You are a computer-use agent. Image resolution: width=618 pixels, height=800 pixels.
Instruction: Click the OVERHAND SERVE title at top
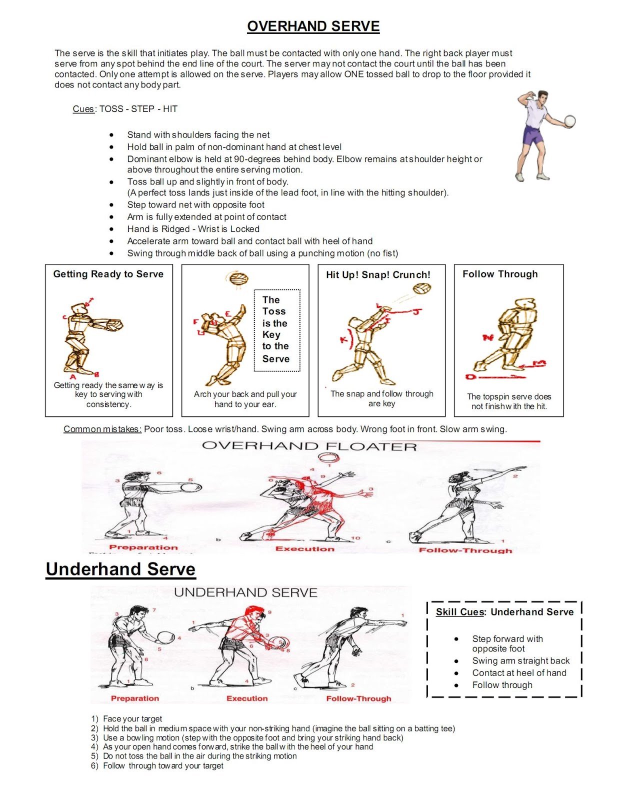[313, 26]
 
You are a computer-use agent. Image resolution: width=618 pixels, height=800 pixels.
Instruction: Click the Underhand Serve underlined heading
[120, 569]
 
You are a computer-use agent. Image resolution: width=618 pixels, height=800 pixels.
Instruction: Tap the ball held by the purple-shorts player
[569, 121]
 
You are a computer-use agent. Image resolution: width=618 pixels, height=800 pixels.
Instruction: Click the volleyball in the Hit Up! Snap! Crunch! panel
[422, 289]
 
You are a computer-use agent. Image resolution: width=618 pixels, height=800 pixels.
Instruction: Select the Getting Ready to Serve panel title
[108, 274]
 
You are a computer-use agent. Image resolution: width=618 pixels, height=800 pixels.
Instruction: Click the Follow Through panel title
[500, 274]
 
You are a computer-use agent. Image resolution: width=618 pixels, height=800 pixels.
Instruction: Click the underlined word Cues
[83, 109]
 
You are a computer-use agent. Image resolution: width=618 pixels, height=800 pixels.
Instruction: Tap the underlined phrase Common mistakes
[102, 429]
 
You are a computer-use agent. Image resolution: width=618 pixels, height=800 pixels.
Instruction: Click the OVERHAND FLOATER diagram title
[309, 446]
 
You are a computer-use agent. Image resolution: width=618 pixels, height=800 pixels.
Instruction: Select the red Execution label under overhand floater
[304, 549]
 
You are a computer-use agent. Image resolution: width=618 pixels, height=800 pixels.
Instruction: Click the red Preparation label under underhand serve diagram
[134, 698]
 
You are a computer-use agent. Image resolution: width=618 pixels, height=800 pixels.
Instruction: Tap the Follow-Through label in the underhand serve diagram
[358, 698]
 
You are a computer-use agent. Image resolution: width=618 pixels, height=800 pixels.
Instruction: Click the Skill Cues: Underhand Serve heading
[504, 612]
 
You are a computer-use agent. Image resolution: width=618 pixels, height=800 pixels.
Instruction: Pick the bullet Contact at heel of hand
[519, 673]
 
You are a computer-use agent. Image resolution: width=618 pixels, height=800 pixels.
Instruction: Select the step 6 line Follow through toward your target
[162, 765]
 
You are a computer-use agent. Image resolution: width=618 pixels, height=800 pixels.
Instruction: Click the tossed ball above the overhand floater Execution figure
[328, 457]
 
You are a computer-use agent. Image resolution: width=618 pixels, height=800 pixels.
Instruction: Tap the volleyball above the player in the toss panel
[237, 278]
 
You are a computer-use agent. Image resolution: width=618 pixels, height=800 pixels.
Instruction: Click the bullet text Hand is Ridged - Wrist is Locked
[193, 229]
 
